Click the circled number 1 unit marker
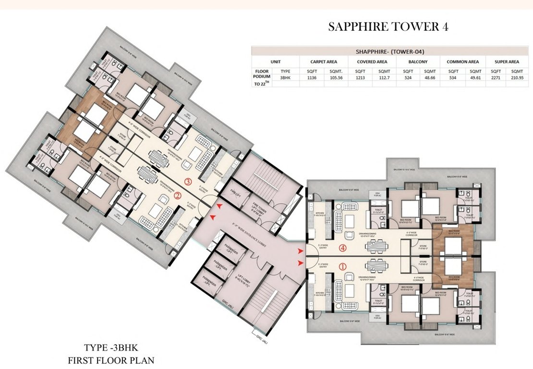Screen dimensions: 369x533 coord(343,265)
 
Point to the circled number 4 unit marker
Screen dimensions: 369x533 coord(342,248)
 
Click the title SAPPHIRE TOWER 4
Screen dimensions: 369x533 coord(388,27)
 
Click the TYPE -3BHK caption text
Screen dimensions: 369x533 coord(111,347)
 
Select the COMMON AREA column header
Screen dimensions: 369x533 coord(462,61)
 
